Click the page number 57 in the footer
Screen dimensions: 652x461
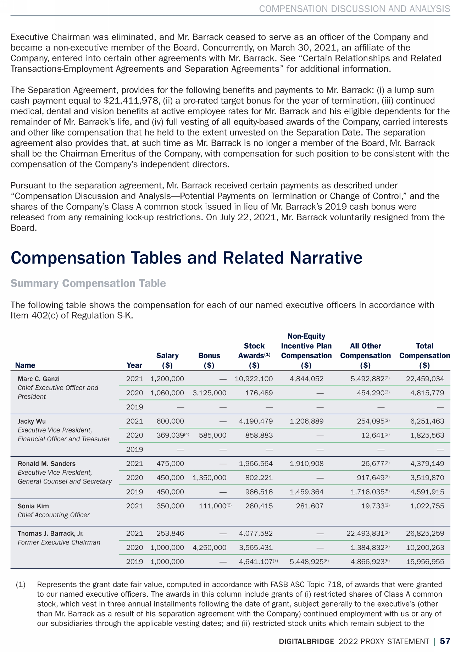pos(445,641)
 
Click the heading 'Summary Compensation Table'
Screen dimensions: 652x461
pos(88,283)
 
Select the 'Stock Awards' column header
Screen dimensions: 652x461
pos(254,350)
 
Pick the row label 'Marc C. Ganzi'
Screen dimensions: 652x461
pos(36,379)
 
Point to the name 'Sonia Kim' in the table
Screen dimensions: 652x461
pos(33,506)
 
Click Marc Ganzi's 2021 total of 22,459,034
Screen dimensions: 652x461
pos(425,379)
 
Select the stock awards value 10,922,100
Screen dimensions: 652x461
pos(254,379)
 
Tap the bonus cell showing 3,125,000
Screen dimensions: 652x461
pos(209,393)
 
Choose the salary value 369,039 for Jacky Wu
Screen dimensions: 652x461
pos(170,435)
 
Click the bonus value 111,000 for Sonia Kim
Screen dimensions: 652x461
pos(212,506)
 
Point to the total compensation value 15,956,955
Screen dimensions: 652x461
pos(425,562)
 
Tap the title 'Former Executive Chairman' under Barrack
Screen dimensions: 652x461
pos(59,542)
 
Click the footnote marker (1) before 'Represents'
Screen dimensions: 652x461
pos(21,584)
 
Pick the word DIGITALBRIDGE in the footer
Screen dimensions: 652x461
pos(306,641)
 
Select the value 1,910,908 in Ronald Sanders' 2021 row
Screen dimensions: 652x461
pos(306,463)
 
